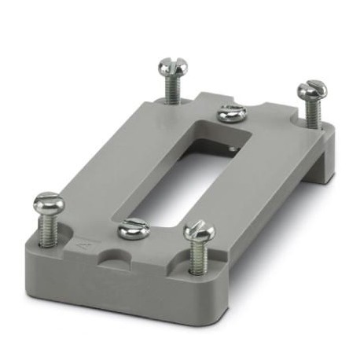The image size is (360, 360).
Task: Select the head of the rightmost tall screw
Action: [x=311, y=89]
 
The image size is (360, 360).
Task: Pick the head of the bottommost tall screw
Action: [x=199, y=233]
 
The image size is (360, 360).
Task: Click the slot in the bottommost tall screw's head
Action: [x=199, y=230]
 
